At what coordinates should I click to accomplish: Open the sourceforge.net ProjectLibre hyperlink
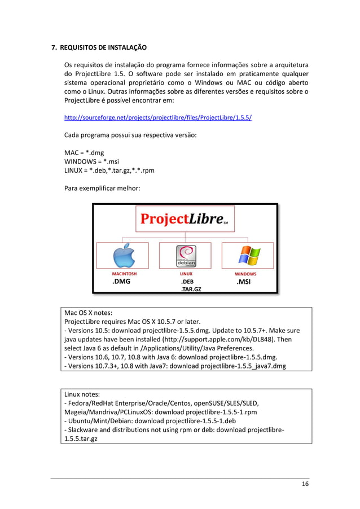[x=158, y=118]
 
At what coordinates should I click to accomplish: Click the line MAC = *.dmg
[x=84, y=152]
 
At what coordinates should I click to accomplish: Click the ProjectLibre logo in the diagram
[x=185, y=219]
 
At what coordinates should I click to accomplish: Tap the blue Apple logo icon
[x=124, y=256]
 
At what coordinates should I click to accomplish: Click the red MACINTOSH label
[x=124, y=274]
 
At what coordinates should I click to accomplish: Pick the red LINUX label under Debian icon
[x=186, y=274]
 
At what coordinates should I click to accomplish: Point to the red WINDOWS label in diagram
[x=246, y=274]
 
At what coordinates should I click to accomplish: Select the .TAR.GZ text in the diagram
[x=191, y=289]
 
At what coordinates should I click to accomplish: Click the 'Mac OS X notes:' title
[x=89, y=313]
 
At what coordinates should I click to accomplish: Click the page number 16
[x=305, y=484]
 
